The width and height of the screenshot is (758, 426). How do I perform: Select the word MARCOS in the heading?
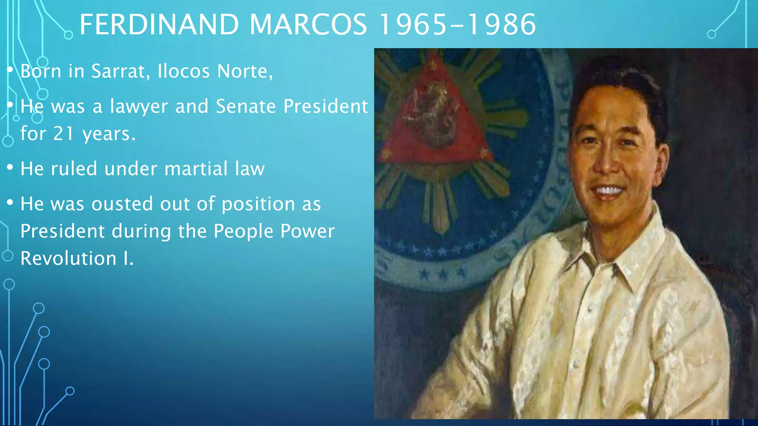(x=308, y=24)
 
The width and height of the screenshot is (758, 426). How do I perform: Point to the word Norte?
(x=245, y=71)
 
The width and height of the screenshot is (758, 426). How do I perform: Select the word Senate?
(x=246, y=106)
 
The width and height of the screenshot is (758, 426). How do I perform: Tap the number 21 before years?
(x=64, y=133)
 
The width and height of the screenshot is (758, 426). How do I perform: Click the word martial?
(x=196, y=169)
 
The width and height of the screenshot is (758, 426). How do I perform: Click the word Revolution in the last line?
(x=68, y=258)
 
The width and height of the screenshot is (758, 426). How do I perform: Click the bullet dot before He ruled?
(x=10, y=168)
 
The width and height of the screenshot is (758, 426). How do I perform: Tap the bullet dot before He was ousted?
(x=10, y=202)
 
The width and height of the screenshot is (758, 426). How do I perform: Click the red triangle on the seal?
(x=437, y=122)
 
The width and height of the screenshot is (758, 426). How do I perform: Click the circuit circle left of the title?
(x=68, y=35)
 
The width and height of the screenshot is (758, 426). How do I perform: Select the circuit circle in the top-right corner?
(x=711, y=34)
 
